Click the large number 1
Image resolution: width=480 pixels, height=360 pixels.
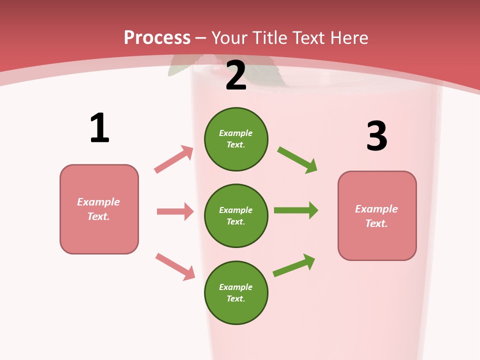tap(99, 128)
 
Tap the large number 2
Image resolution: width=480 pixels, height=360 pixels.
tap(236, 75)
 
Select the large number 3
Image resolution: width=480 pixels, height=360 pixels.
tap(376, 136)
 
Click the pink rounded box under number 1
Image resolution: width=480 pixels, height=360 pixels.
tap(99, 209)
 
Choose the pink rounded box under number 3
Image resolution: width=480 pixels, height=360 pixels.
tap(377, 215)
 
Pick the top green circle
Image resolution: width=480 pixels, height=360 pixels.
tap(236, 139)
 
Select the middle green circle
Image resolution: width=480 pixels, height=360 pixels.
tap(236, 215)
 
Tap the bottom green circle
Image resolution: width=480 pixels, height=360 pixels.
tap(236, 292)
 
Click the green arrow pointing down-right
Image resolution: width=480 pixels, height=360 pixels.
tap(297, 160)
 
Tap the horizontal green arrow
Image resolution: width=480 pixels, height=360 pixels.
tap(296, 210)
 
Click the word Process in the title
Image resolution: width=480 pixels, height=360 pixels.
tap(157, 37)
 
